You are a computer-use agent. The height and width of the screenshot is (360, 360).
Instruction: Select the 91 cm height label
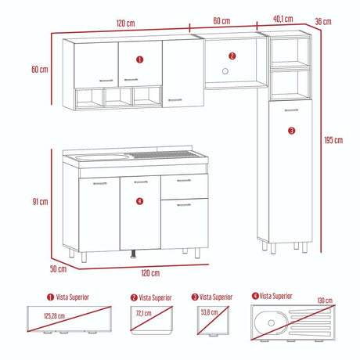click(40, 202)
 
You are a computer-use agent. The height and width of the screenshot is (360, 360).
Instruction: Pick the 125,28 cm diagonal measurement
click(55, 316)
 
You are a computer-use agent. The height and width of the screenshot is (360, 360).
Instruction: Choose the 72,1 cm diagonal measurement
click(144, 313)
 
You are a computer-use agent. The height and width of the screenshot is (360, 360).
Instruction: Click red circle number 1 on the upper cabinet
click(139, 59)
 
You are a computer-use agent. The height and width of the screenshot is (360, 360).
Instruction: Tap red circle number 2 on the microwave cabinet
click(232, 56)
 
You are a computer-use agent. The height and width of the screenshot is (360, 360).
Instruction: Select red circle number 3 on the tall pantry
click(292, 131)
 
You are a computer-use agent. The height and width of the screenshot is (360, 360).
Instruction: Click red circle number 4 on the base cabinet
click(139, 201)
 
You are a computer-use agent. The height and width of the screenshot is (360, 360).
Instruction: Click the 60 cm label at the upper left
click(40, 69)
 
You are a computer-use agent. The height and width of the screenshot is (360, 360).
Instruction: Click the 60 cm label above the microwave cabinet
click(221, 20)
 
